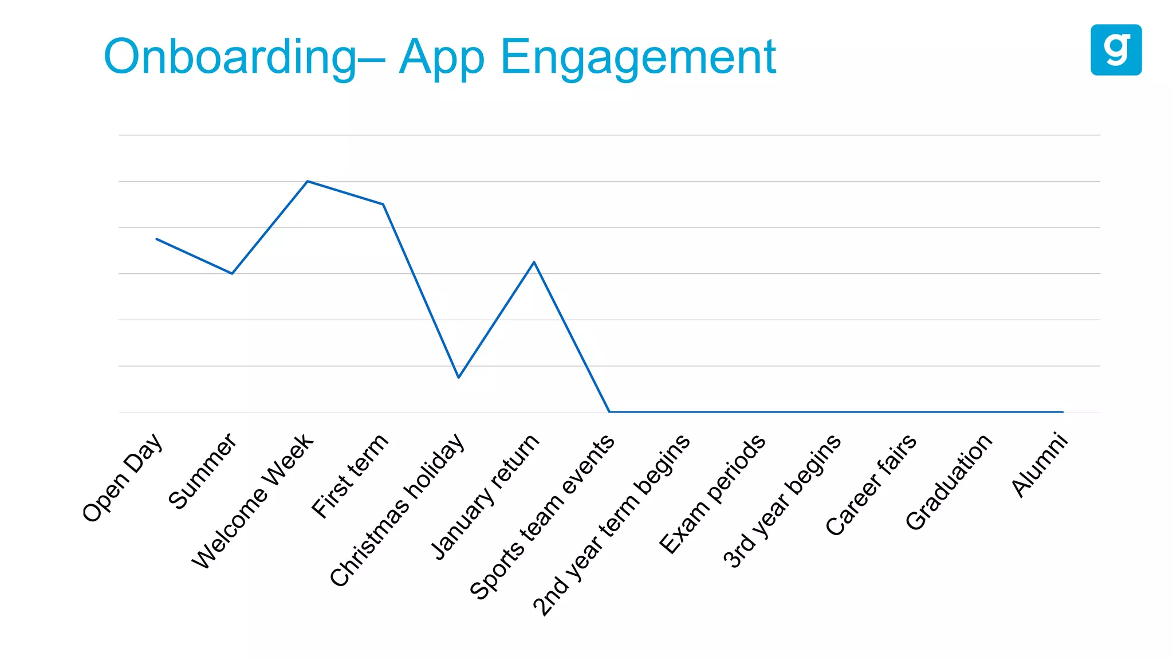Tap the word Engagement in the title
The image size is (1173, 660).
point(638,57)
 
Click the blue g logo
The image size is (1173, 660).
point(1116,50)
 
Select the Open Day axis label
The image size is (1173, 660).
point(123,478)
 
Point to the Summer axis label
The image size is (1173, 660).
point(202,471)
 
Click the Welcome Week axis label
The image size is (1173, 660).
point(253,501)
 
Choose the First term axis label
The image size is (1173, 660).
point(350,476)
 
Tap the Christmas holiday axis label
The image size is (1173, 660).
point(397,510)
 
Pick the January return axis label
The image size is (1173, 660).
point(485,496)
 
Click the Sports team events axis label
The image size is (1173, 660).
point(542,517)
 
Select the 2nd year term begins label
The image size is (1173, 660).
point(611,525)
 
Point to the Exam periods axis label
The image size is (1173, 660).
point(712,494)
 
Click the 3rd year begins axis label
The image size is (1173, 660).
point(782,501)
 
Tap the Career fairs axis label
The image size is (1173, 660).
point(871,485)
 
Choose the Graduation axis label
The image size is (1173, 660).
point(948,482)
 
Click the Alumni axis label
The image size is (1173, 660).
point(1040,465)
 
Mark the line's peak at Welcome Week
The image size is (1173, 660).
point(308,182)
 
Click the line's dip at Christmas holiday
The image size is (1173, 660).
point(458,377)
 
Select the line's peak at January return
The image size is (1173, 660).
point(534,262)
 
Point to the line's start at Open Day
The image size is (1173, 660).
point(157,239)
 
